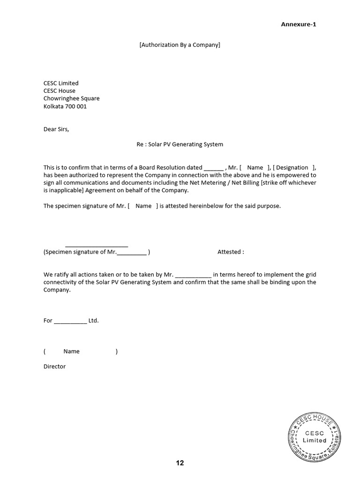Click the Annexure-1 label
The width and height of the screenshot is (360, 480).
pos(299,24)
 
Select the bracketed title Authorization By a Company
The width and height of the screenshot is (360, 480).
pos(180,45)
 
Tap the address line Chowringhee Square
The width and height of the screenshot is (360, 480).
pos(71,98)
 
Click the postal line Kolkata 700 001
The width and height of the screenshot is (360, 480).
pos(65,106)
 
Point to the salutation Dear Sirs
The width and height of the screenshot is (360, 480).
pos(56,129)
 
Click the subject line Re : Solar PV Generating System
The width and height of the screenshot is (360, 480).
pos(180,144)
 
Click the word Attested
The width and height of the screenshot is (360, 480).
pos(230,252)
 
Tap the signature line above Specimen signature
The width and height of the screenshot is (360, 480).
pos(97,246)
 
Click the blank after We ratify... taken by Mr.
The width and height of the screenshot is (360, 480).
pos(193,275)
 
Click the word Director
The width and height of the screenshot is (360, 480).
pos(54,367)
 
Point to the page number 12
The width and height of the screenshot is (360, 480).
pos(180,463)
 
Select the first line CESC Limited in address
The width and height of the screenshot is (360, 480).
pos(61,83)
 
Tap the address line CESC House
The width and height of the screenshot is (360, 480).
pos(59,90)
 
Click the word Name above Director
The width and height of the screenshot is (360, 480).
pos(71,351)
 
